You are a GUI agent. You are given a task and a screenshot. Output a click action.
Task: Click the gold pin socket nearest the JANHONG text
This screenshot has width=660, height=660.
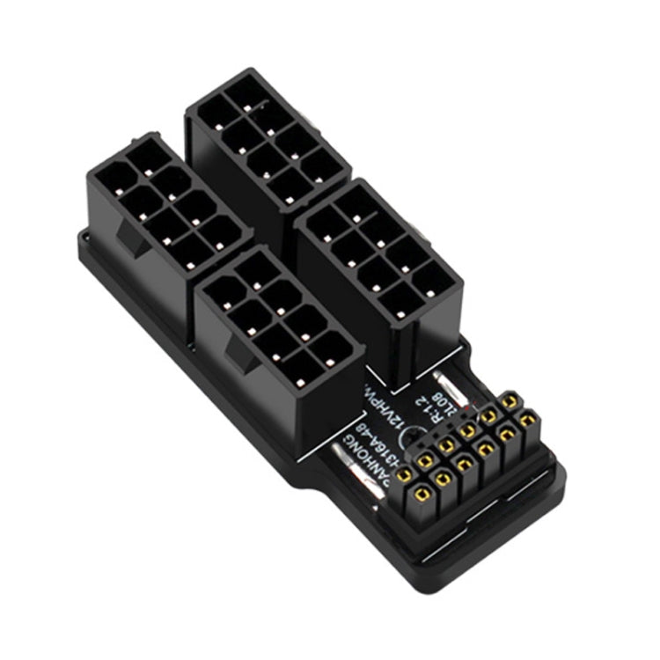point(406,475)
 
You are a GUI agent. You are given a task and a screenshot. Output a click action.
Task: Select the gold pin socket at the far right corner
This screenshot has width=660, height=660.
point(527,421)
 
